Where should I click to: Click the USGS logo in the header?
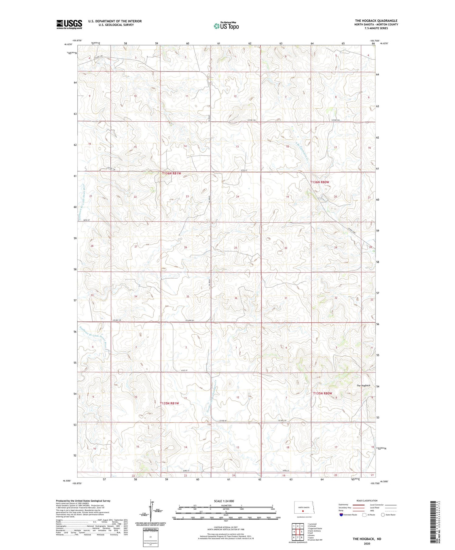click(69, 24)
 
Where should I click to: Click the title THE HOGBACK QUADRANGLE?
click(376, 21)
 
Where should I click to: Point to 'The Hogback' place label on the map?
click(363, 385)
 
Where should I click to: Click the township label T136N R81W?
click(171, 173)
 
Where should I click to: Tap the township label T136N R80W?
click(319, 182)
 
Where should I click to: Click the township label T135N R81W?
click(169, 403)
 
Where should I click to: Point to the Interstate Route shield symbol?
click(342, 515)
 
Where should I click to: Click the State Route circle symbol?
click(383, 515)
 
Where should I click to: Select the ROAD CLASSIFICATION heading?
click(367, 501)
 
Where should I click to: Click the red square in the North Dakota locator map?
click(302, 511)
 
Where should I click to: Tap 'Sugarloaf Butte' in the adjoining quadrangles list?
click(315, 528)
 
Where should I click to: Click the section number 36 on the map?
click(236, 298)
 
